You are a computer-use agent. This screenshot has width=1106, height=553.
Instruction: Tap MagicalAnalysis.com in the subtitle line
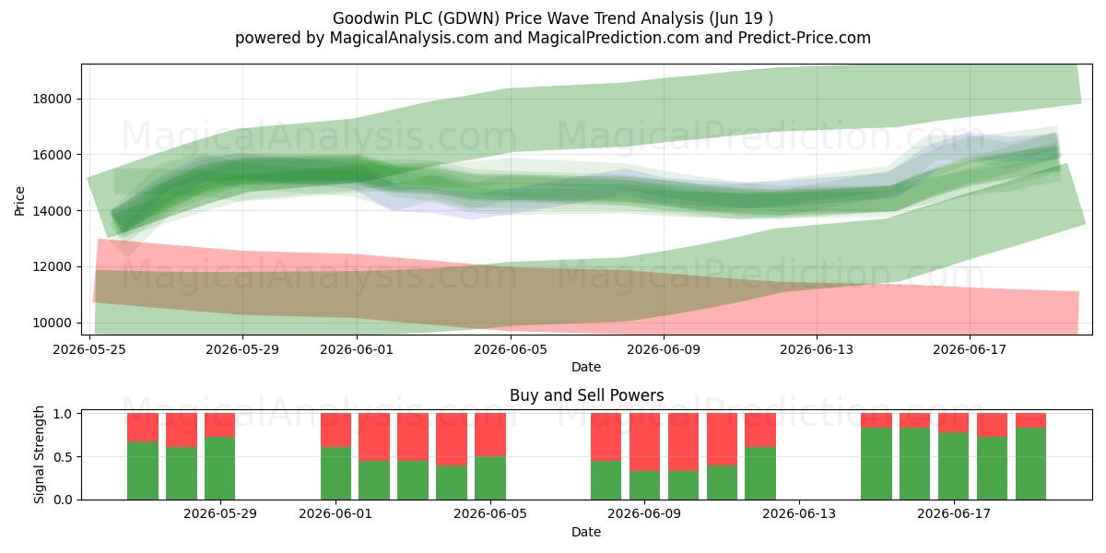coord(409,38)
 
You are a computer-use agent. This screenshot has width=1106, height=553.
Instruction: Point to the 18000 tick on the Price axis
coord(53,99)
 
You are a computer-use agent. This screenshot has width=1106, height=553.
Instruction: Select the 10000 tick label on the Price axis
coord(53,323)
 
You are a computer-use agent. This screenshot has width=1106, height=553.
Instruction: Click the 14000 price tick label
coord(53,211)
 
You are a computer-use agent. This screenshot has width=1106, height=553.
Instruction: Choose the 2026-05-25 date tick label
coord(89,349)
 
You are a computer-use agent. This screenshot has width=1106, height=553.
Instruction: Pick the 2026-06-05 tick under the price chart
coord(511,349)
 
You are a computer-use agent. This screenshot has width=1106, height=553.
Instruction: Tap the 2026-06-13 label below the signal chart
coord(799,514)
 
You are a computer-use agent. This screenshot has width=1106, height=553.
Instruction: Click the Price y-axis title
coord(19,201)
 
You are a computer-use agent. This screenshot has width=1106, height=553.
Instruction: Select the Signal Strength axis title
coord(39,454)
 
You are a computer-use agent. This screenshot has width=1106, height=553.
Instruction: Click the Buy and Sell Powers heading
coord(586,395)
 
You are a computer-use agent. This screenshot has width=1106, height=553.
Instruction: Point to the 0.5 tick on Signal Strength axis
coord(63,457)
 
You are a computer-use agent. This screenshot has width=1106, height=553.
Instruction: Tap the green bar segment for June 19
coord(1030,464)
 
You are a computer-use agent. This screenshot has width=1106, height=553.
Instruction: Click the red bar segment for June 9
coord(644,441)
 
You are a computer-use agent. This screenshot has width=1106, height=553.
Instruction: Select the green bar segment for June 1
coord(335,474)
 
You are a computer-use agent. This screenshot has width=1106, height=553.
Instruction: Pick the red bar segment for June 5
coord(490,434)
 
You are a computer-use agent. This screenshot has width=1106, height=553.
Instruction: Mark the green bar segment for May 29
coord(219,468)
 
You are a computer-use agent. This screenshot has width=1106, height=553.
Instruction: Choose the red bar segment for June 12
coord(760,430)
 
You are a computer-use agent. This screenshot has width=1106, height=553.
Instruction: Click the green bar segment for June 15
coord(877,464)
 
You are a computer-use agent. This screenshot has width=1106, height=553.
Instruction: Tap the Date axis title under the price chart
coord(586,367)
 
